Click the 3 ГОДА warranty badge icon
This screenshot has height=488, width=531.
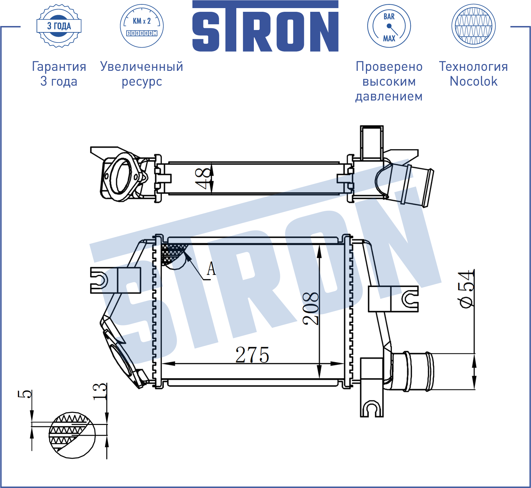point(59,26)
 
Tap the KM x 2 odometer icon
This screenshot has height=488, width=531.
point(142,26)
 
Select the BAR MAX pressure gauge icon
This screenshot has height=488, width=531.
point(389,26)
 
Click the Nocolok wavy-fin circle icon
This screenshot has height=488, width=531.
point(473,26)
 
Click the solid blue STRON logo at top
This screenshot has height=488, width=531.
point(265,26)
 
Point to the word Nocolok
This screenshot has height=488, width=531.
point(474,81)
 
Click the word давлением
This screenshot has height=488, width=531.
point(389,96)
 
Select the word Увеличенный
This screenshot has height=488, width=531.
point(142,66)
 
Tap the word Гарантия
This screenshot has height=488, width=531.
point(59,66)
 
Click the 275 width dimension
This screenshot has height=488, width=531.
point(252,355)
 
